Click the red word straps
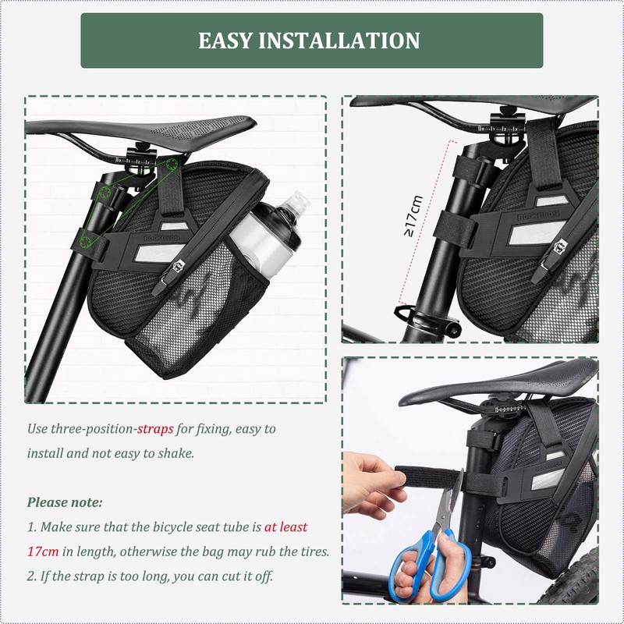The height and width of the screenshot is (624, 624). pos(155,429)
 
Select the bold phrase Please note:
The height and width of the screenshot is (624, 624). pos(65,502)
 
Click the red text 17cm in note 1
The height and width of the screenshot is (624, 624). pos(44,551)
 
